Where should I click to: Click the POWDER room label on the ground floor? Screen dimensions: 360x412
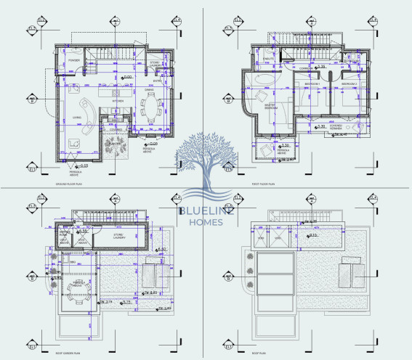75,60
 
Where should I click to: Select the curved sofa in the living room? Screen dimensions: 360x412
85,116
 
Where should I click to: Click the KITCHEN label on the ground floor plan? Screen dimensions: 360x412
117,101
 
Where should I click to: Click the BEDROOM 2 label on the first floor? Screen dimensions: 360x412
351,83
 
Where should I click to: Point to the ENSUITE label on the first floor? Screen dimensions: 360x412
267,57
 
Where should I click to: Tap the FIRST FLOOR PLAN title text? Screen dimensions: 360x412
262,184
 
